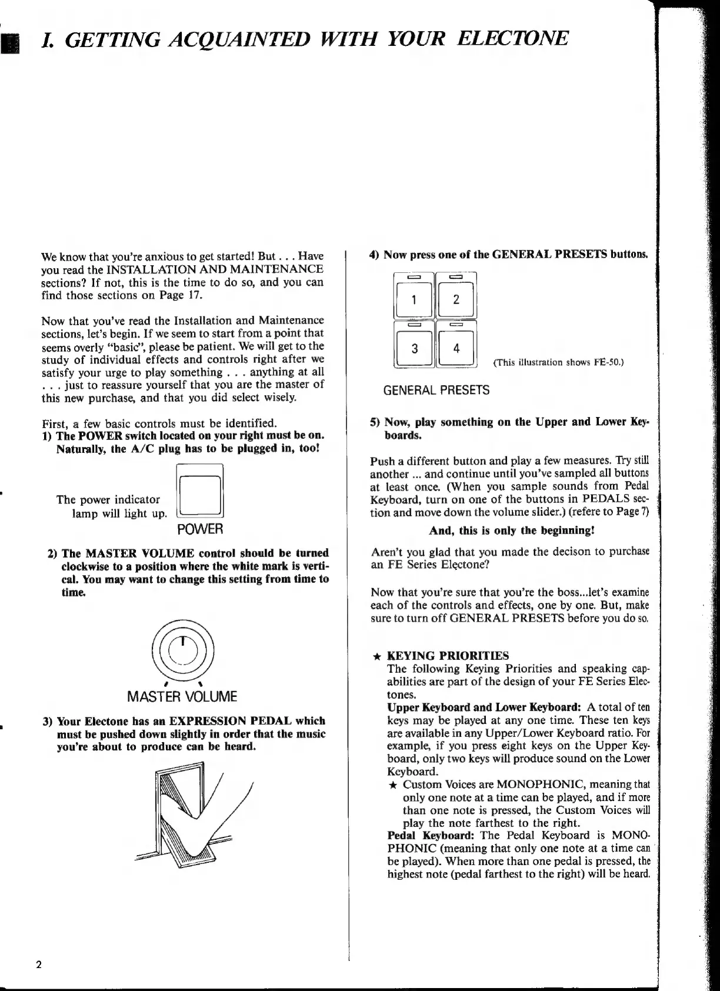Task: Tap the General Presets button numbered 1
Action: click(414, 299)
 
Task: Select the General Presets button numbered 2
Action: click(456, 299)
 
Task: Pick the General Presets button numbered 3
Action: click(414, 348)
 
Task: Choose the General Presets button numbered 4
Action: click(456, 348)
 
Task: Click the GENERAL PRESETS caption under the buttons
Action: click(436, 390)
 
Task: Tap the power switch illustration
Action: click(200, 494)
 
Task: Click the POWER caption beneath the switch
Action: click(200, 529)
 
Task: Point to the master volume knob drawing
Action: click(183, 649)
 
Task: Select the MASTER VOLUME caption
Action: click(182, 697)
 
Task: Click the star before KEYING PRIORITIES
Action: click(378, 656)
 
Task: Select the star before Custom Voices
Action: click(393, 785)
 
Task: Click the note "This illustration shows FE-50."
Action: click(558, 362)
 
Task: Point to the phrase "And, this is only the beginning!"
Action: click(512, 530)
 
